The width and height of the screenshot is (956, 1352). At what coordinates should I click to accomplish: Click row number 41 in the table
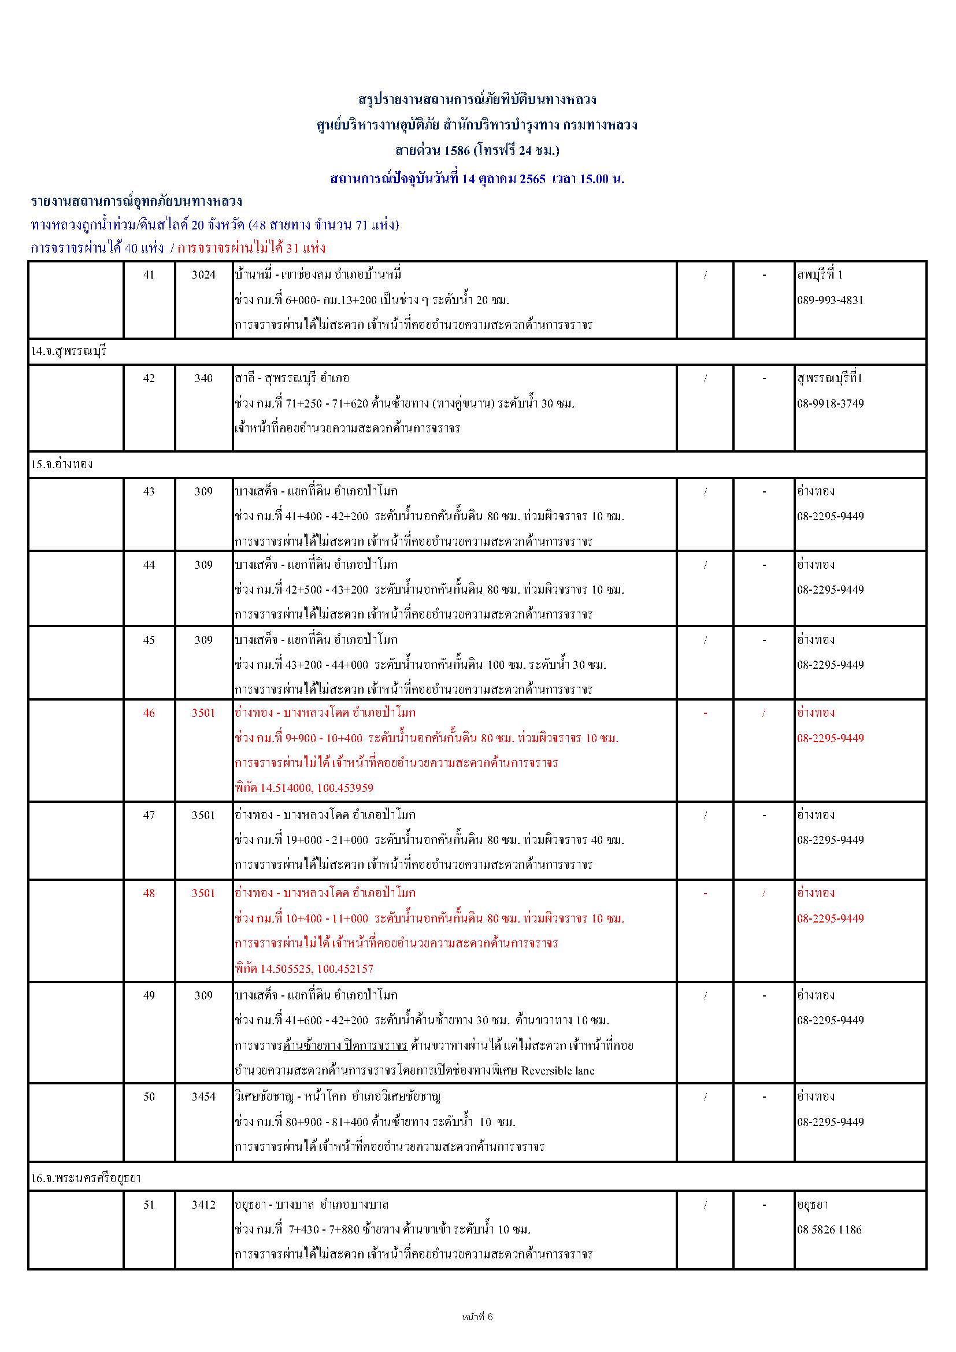(149, 275)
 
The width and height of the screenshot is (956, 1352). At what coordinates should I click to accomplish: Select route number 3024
(203, 275)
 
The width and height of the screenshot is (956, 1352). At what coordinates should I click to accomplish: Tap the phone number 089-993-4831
(830, 300)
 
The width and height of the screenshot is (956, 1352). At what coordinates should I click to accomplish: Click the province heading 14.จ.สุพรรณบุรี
(69, 351)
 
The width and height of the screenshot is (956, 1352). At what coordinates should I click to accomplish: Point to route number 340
(203, 378)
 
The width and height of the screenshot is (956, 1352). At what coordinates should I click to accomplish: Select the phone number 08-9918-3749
(830, 403)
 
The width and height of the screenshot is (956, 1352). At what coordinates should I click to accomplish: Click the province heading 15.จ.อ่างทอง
(62, 464)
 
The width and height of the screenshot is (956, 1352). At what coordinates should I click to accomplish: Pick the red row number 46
(149, 713)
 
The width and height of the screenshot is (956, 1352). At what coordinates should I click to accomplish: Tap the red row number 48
(149, 892)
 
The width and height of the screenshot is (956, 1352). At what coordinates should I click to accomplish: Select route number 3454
(203, 1097)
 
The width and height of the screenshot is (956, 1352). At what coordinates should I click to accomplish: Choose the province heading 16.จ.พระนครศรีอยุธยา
(86, 1177)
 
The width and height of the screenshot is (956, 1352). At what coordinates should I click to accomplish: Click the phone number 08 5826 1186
(829, 1229)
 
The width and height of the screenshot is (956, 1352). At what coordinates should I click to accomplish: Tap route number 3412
(203, 1205)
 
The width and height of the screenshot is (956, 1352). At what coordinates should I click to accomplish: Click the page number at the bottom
(477, 1317)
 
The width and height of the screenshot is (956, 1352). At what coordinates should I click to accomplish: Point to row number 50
(149, 1097)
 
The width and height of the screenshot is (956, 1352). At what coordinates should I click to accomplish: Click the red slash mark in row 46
(764, 713)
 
